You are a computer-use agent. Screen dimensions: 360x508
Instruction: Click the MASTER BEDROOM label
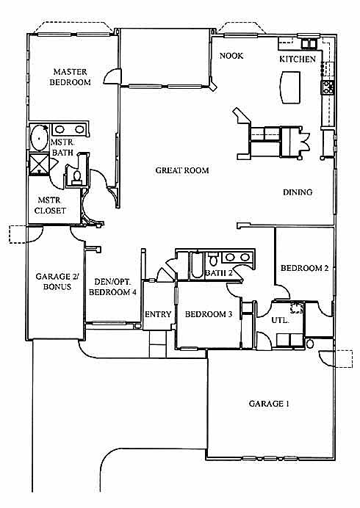coord(70,77)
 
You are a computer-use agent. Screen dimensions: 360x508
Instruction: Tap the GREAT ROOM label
coord(182,170)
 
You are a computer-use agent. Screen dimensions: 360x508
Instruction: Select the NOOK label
coord(231,56)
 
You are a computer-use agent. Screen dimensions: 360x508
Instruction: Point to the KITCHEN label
coord(298,59)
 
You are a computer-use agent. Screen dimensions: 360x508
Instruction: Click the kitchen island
coord(291,87)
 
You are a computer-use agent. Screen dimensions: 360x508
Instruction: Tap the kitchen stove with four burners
coord(327,87)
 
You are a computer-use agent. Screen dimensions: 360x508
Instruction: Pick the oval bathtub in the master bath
coord(39,138)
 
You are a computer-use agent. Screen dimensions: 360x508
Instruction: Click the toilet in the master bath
coord(77,178)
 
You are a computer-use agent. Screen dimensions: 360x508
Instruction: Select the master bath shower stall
coord(39,164)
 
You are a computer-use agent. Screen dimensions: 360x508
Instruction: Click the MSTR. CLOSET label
coord(50,206)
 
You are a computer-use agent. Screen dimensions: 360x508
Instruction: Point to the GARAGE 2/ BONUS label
coord(57,281)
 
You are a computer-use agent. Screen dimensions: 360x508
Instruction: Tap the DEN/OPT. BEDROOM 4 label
coord(112,287)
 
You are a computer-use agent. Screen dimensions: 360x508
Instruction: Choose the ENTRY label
coord(158,314)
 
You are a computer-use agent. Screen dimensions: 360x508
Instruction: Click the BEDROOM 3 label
coord(209,314)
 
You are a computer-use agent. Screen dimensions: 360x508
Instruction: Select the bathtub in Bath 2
coord(197,265)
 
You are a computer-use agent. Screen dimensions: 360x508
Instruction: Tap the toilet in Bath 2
coord(213,258)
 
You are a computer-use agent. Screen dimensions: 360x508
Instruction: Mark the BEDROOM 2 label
coord(305,268)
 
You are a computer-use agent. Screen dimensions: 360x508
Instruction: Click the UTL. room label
coord(280,320)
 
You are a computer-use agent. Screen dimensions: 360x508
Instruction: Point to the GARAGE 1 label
coord(269,404)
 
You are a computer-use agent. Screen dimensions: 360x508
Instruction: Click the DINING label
coord(298,192)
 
